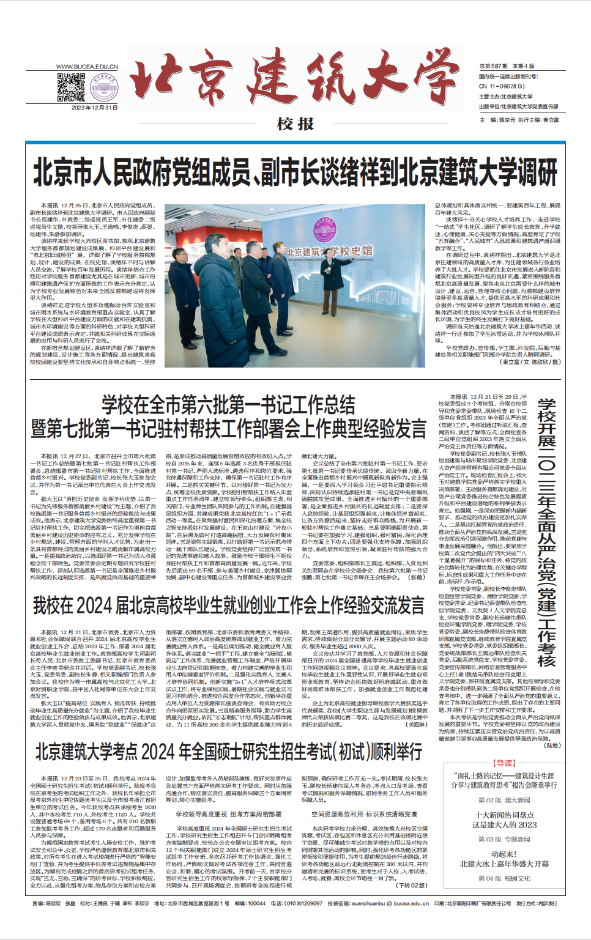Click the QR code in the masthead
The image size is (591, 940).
70,87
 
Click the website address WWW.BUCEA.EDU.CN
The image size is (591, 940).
87,67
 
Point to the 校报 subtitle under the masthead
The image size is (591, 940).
295,124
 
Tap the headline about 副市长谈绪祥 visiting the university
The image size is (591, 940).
295,172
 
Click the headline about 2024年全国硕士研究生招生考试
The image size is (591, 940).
228,752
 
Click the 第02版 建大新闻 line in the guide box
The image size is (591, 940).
504,800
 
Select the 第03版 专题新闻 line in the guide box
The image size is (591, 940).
504,839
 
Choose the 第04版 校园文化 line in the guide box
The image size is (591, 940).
504,878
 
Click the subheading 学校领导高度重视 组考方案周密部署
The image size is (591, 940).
228,814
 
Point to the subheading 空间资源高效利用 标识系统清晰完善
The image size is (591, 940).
364,814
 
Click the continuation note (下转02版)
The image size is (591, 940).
412,884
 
